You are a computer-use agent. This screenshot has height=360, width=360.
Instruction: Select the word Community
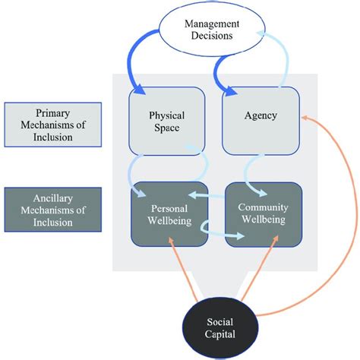(x=258, y=208)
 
